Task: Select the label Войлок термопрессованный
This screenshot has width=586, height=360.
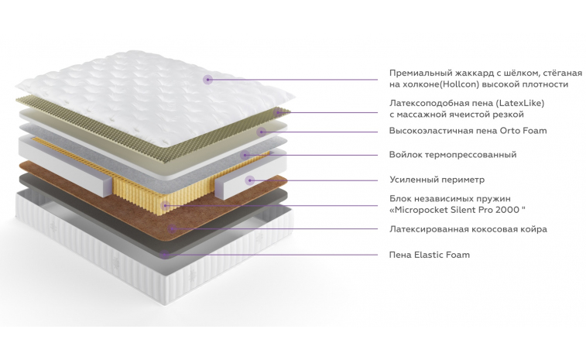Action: [x=452, y=155]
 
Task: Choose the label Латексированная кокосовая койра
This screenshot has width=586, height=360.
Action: [x=468, y=229]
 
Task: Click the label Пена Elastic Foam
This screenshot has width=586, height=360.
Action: [x=429, y=255]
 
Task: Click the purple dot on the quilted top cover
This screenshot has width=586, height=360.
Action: [x=207, y=79]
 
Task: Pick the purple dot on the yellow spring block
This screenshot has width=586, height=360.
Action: [x=165, y=205]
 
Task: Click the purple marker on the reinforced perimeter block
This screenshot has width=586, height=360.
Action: [x=249, y=180]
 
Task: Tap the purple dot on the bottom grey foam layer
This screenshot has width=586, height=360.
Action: [x=165, y=254]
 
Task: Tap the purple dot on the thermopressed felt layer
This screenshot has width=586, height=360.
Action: [x=245, y=155]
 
